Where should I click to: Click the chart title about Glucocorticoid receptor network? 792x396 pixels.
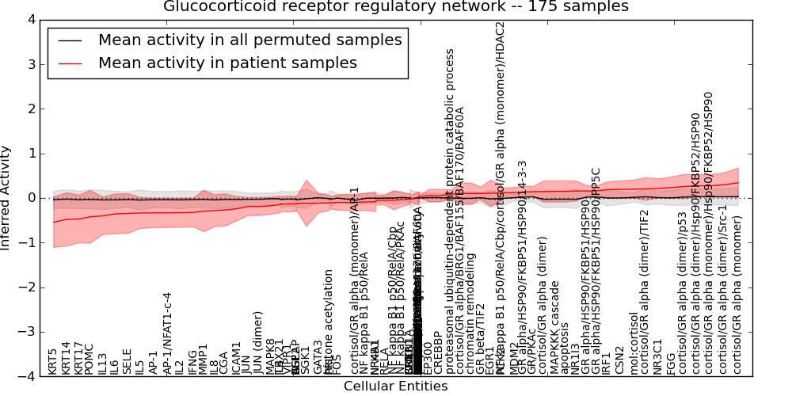[x=396, y=7]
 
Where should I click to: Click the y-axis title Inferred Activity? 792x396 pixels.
[x=6, y=197]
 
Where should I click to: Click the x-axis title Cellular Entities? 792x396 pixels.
[x=395, y=386]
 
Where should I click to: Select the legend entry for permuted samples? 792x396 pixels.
[x=249, y=40]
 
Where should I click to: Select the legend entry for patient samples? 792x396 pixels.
[x=227, y=63]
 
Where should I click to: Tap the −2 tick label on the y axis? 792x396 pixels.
[x=25, y=287]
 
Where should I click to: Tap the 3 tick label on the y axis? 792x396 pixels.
[x=30, y=64]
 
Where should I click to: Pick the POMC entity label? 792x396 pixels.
[x=89, y=359]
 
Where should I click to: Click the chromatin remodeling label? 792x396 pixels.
[x=472, y=314]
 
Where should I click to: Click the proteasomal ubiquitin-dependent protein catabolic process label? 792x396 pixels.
[x=450, y=211]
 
